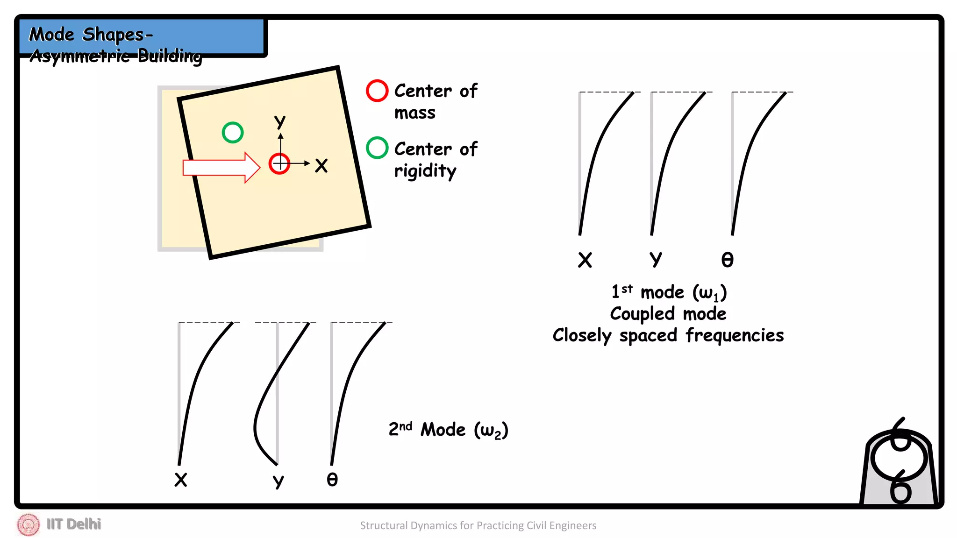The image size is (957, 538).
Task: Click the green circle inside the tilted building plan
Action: coord(232,133)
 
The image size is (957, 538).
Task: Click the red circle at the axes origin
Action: coord(279,163)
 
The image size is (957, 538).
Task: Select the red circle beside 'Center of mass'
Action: coord(377,91)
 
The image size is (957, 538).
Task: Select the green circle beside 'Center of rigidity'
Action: coord(377,148)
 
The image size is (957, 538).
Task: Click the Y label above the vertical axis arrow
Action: coord(280,121)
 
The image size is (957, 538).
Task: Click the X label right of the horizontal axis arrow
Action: coord(321,165)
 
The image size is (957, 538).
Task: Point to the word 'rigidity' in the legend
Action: coord(425,171)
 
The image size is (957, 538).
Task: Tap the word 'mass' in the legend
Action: coord(414,113)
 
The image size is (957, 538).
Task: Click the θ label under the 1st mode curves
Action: coord(727,260)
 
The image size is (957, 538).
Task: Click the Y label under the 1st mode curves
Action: coord(656,259)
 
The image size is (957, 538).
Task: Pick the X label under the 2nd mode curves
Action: coord(180,480)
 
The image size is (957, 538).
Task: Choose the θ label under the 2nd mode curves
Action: coord(332,480)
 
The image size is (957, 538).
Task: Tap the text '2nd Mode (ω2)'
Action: coord(448,430)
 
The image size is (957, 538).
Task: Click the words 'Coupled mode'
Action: coord(668,314)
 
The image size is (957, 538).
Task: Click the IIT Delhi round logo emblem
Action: coord(29,524)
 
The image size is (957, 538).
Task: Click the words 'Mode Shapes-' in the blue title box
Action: coord(91,35)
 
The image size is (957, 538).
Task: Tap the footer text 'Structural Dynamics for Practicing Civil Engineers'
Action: coord(478,525)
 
